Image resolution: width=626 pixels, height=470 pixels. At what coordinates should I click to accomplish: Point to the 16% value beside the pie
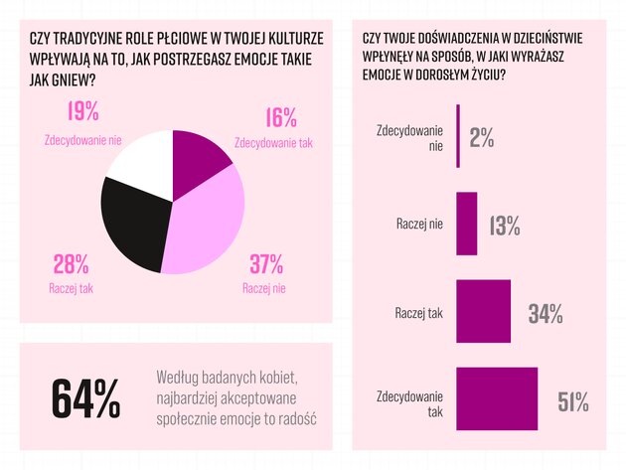click(x=280, y=118)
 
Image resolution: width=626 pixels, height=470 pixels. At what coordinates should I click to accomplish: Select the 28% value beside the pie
click(x=69, y=264)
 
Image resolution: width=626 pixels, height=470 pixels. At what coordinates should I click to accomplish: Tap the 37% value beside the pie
click(x=265, y=264)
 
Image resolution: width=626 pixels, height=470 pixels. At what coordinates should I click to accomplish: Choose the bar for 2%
click(x=458, y=136)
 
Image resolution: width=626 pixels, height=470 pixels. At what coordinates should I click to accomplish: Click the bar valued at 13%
click(x=466, y=225)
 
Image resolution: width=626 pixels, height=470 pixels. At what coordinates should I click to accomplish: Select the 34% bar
click(x=483, y=312)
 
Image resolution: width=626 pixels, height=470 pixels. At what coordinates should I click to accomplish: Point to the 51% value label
click(x=573, y=401)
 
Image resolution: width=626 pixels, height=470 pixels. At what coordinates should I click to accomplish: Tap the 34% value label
click(x=546, y=314)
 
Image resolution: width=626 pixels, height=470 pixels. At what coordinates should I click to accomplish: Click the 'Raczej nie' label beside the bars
click(x=419, y=225)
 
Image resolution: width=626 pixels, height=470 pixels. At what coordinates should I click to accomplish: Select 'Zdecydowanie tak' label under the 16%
click(x=273, y=142)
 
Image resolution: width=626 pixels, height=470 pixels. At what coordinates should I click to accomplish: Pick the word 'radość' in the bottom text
click(x=293, y=417)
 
